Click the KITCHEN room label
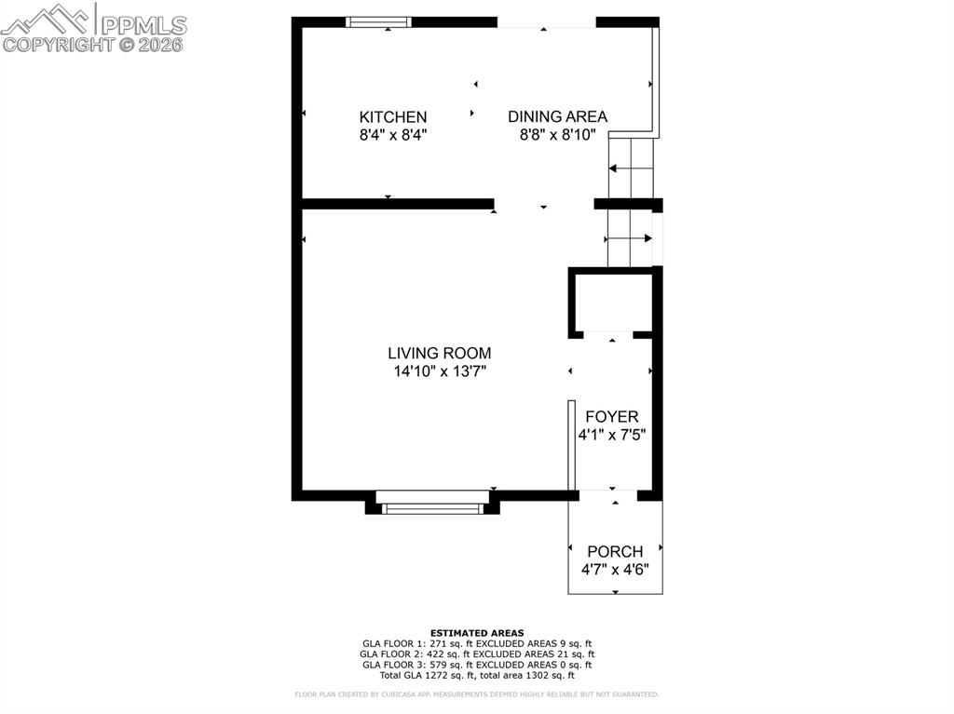click(393, 117)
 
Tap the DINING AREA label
click(557, 117)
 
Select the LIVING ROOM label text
click(440, 354)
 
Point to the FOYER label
click(612, 417)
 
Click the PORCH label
click(615, 552)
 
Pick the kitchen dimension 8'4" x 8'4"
click(393, 135)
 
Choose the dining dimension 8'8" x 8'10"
click(557, 135)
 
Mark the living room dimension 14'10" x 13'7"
click(440, 371)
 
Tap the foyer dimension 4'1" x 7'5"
click(612, 435)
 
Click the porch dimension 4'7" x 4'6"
click(615, 569)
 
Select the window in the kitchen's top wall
click(378, 22)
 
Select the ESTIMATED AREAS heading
click(477, 633)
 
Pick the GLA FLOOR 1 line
click(477, 643)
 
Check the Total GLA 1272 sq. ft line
click(477, 676)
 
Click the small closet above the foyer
click(610, 303)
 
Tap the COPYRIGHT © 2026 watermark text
click(93, 44)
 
